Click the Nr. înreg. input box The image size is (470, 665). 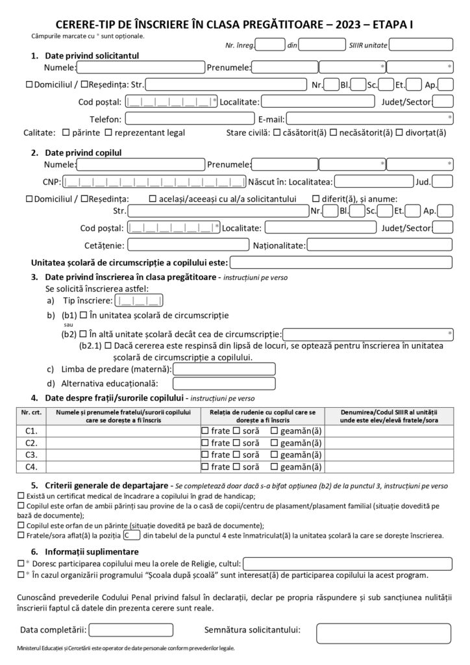click(x=271, y=45)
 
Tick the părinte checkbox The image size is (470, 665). click(x=66, y=132)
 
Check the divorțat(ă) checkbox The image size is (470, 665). click(x=399, y=132)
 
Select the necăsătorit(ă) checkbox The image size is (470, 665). click(x=334, y=132)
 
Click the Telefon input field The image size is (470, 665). click(x=190, y=118)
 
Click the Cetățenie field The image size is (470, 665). click(x=188, y=245)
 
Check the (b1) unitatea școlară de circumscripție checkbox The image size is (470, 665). click(x=83, y=316)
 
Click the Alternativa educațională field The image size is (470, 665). click(x=224, y=384)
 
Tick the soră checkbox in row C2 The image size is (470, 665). click(x=237, y=443)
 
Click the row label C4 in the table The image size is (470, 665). click(x=31, y=466)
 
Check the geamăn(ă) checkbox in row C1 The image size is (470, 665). click(x=275, y=431)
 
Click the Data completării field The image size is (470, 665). click(x=130, y=629)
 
